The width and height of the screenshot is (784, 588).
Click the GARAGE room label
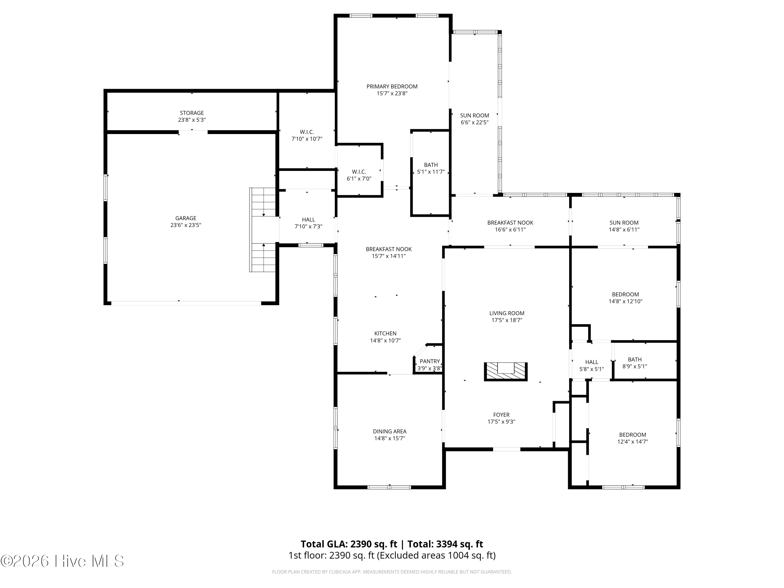(186, 218)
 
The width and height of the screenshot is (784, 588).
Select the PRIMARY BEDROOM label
(392, 87)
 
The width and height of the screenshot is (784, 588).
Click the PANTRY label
(430, 361)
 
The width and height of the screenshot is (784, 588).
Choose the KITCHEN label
(385, 333)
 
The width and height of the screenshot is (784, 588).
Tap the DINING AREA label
(390, 431)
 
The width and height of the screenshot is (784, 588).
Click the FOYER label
(501, 415)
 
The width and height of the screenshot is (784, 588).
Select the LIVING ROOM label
(507, 313)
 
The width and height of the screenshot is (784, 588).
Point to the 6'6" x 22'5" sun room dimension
(475, 122)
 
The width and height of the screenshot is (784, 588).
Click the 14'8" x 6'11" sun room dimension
(624, 229)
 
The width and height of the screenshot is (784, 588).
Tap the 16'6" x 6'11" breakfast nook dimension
(510, 229)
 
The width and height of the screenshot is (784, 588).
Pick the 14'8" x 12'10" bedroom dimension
(625, 301)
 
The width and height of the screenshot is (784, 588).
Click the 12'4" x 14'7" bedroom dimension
(633, 442)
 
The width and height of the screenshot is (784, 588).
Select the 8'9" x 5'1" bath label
(635, 366)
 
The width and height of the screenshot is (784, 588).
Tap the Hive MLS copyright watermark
(62, 561)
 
